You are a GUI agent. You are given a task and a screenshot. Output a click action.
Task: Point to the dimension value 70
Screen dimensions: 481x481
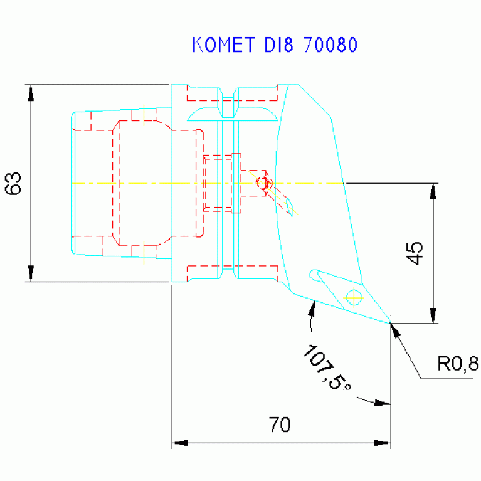280,425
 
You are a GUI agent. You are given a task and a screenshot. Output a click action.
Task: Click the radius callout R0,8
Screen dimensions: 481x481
458,364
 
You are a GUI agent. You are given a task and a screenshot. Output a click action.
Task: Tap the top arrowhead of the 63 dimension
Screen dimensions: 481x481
31,92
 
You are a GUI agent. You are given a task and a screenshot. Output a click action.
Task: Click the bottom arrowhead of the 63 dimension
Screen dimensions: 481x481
31,275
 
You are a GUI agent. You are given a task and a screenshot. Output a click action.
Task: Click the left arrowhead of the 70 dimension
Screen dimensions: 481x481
179,443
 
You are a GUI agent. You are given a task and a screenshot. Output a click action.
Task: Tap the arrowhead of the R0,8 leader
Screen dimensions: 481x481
394,329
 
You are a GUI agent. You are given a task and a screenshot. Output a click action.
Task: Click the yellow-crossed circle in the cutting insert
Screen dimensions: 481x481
354,297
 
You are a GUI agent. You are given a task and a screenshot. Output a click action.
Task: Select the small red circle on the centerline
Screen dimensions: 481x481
264,183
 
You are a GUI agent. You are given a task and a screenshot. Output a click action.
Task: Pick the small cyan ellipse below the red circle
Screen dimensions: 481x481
290,207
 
